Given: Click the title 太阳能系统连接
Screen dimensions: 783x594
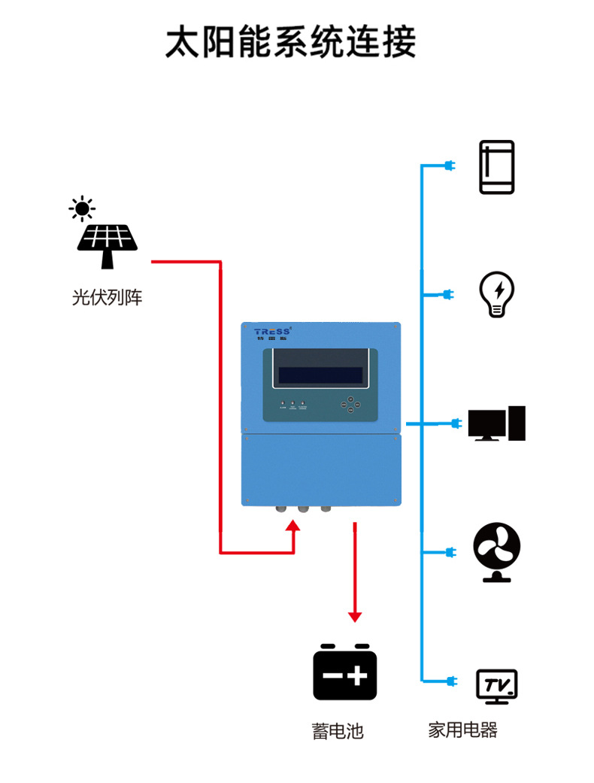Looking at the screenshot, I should pos(290,42).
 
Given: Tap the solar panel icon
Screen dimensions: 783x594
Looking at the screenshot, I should pos(108,244).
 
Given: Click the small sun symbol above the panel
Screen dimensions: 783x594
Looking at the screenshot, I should pos(81,208).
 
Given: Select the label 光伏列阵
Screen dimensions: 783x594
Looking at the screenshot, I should pos(107,298).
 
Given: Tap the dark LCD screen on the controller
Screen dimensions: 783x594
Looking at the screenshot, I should pos(320,375).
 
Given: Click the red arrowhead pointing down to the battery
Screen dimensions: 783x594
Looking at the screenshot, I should pos(355,616).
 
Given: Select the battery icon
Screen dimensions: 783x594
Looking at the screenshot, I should pos(345,672).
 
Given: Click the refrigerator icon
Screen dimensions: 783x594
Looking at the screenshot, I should pos(497,167).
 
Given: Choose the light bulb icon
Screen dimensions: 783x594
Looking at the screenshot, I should pos(497,294).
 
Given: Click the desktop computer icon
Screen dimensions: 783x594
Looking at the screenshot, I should pos(496,423).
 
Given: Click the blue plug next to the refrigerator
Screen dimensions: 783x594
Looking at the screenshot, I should pos(450,165).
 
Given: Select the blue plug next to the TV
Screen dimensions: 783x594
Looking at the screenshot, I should pos(451,681).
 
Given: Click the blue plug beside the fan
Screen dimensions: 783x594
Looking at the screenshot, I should pos(450,553).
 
